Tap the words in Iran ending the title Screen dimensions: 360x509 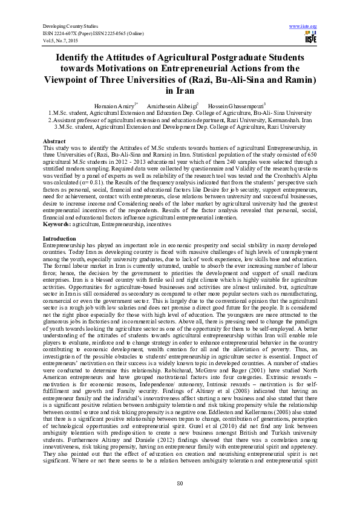[180, 91]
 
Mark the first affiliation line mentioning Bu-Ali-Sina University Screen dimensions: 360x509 [180, 112]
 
